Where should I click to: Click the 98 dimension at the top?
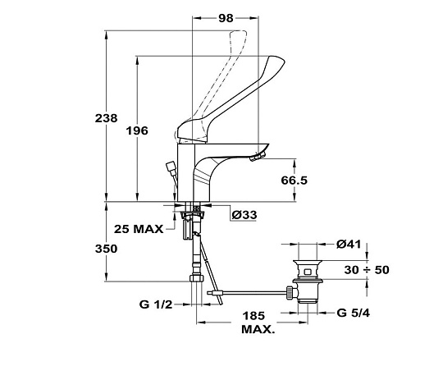[226, 18]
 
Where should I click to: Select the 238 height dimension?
[106, 118]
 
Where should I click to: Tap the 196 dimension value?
[137, 130]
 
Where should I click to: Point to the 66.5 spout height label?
[294, 180]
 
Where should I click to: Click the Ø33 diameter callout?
[244, 215]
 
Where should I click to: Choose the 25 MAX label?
[139, 229]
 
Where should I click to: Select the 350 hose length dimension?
[106, 249]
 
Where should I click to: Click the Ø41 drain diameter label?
[349, 245]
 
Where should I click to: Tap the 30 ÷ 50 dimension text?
[367, 270]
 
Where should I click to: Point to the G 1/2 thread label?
[156, 304]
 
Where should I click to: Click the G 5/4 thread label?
[353, 313]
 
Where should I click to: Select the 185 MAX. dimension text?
[258, 323]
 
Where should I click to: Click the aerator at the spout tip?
[258, 156]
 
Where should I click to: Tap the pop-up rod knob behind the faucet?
[171, 167]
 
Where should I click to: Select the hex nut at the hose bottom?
[197, 278]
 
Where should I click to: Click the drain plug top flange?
[308, 262]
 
